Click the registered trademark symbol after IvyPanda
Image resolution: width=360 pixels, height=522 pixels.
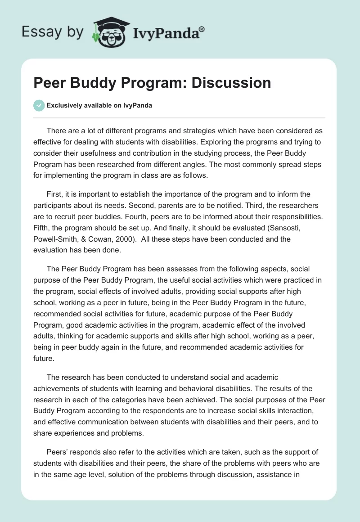[x=202, y=29]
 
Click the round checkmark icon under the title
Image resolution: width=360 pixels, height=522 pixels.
[x=39, y=105]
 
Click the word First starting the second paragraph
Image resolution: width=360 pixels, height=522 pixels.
[x=55, y=194]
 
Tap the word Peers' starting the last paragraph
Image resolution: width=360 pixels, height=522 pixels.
[x=57, y=452]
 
